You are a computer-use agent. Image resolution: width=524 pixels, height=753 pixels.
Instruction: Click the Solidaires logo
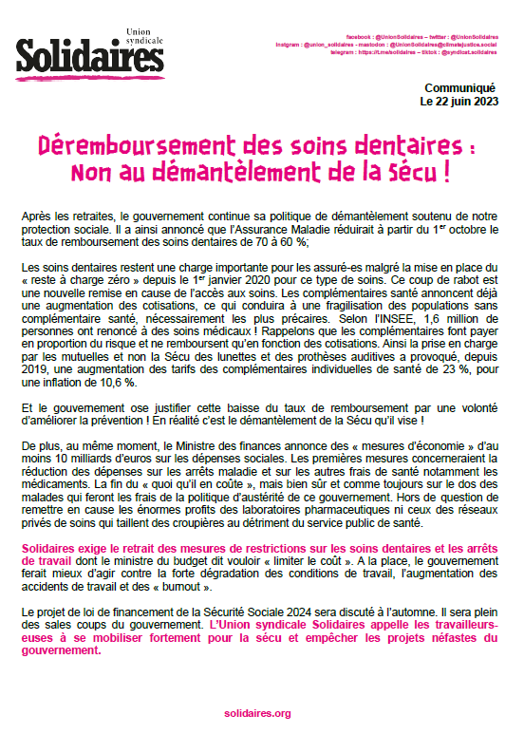(x=89, y=57)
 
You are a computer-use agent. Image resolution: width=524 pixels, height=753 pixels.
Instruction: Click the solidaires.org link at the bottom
(x=258, y=712)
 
